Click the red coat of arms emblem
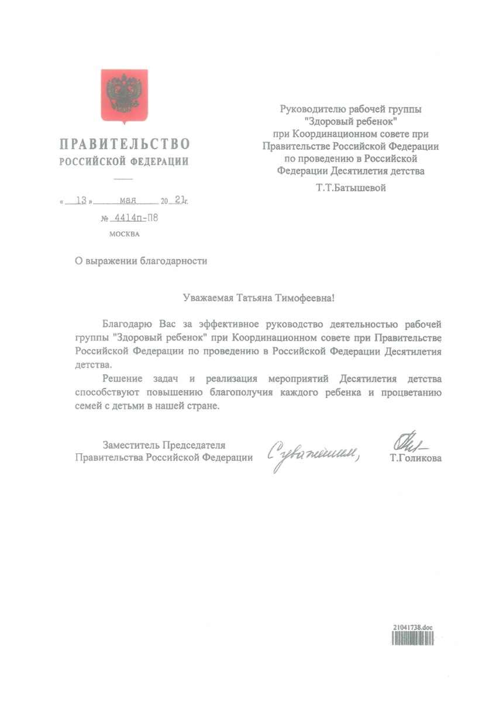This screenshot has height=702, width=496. pyautogui.click(x=125, y=95)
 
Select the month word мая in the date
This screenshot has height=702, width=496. pyautogui.click(x=128, y=200)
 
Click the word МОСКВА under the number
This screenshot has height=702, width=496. pyautogui.click(x=125, y=234)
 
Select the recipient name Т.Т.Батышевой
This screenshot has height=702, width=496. pyautogui.click(x=350, y=188)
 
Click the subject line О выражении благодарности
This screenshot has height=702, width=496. pyautogui.click(x=141, y=261)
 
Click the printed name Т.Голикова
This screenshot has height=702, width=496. pyautogui.click(x=416, y=459)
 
